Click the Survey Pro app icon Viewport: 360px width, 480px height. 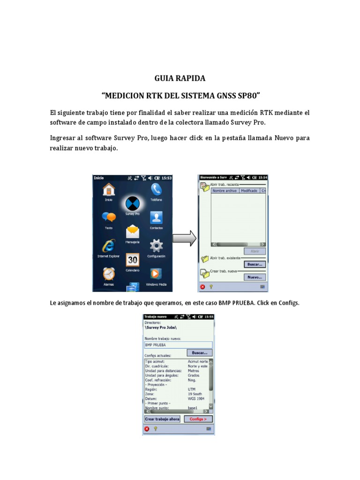pyautogui.click(x=133, y=203)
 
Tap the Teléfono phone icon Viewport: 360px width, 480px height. pyautogui.click(x=156, y=189)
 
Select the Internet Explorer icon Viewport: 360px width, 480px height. pyautogui.click(x=109, y=245)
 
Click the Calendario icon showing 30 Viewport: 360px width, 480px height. pyautogui.click(x=133, y=260)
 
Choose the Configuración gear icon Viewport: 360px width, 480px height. pyautogui.click(x=156, y=245)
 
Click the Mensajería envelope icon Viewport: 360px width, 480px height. pyautogui.click(x=133, y=232)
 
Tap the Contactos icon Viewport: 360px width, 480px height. pyautogui.click(x=156, y=217)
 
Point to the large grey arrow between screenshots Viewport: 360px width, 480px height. pyautogui.click(x=184, y=238)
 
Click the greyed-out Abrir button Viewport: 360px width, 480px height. pyautogui.click(x=255, y=251)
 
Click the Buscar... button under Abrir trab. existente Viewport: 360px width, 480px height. pyautogui.click(x=255, y=264)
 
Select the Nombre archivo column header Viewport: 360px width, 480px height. pyautogui.click(x=225, y=191)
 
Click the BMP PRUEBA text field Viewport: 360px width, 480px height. pyautogui.click(x=178, y=345)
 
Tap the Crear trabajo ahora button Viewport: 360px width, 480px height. pyautogui.click(x=162, y=419)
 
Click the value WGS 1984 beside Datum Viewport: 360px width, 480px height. pyautogui.click(x=196, y=398)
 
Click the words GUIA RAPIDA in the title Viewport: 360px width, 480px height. pyautogui.click(x=180, y=78)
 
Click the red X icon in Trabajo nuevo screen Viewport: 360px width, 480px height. pyautogui.click(x=147, y=428)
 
